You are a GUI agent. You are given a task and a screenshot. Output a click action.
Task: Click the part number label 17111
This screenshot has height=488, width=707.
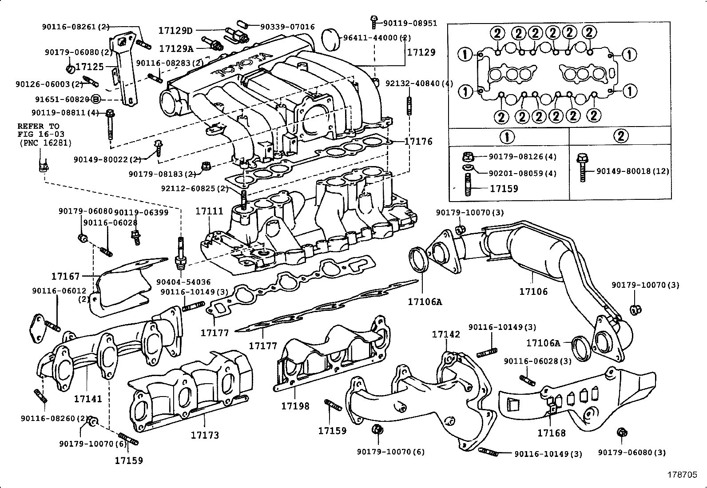[x=209, y=211]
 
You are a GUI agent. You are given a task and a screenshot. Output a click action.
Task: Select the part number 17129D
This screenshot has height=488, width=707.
[x=176, y=31]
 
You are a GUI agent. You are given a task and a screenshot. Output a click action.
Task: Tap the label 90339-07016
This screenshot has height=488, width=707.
[x=288, y=27]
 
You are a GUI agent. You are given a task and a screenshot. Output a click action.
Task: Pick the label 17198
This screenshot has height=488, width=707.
[x=295, y=406]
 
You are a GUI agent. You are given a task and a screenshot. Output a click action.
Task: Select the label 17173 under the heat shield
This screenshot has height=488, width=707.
[x=205, y=435]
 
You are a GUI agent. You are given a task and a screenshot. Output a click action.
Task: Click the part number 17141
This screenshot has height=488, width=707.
[x=88, y=399]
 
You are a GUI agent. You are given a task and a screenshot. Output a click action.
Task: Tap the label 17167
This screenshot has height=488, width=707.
[x=65, y=277]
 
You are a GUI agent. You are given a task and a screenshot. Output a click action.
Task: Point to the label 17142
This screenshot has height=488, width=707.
[x=446, y=334]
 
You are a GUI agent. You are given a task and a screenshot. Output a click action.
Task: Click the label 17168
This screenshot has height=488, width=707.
[x=552, y=432]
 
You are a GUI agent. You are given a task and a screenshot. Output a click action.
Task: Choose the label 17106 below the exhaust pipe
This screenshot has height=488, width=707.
[x=533, y=292]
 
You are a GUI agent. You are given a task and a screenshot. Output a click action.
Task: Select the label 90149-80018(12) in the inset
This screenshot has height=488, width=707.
[x=632, y=171]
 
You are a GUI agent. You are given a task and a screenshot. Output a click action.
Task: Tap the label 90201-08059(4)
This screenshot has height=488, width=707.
[x=522, y=174]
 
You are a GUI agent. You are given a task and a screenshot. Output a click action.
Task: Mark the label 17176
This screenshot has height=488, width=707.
[x=418, y=142]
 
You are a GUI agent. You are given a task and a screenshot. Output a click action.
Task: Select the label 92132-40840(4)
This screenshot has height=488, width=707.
[x=419, y=83]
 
